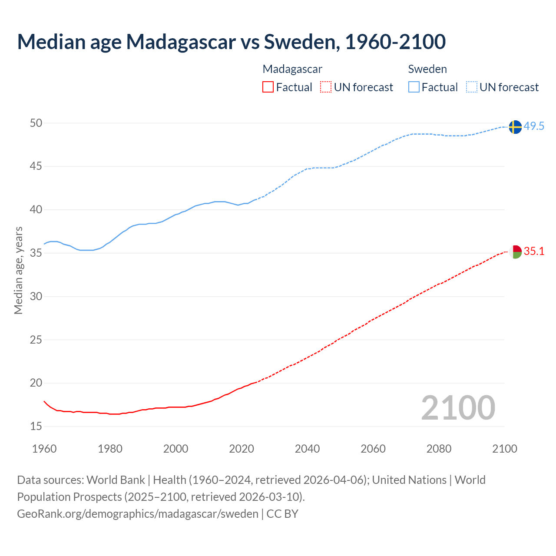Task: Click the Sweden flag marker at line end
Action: click(515, 127)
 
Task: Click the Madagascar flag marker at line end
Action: click(515, 252)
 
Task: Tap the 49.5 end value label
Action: click(534, 126)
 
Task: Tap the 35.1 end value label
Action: click(534, 252)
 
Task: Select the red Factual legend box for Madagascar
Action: click(268, 87)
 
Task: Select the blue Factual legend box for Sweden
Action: click(414, 87)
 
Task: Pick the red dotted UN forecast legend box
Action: click(326, 87)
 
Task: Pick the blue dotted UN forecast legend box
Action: click(472, 87)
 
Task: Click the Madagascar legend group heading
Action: click(292, 69)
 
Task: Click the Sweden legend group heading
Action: click(427, 69)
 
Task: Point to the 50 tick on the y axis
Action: click(36, 123)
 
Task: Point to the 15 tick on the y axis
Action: click(36, 427)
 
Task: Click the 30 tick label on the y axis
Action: click(36, 297)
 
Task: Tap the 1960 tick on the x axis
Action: click(44, 449)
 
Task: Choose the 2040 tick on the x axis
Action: click(307, 449)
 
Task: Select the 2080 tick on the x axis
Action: click(439, 449)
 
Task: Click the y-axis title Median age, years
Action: click(18, 270)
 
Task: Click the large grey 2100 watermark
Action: click(458, 407)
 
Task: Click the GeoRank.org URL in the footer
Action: click(138, 514)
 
